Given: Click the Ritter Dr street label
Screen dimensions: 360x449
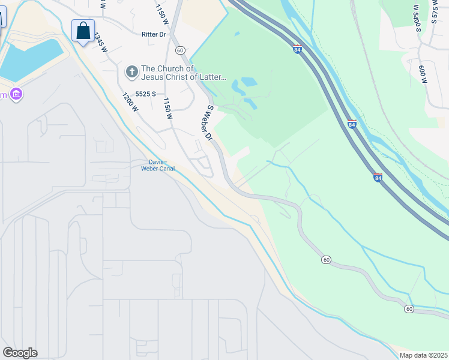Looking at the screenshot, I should pos(154,35).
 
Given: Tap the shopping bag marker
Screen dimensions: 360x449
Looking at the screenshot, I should pos(83,31).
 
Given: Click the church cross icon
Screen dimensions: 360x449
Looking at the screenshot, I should pos(131,73).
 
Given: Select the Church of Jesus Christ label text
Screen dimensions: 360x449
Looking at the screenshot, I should pos(183,73).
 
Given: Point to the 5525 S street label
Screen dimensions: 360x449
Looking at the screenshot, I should pos(146,94).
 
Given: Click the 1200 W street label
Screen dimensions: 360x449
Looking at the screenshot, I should pos(130,103).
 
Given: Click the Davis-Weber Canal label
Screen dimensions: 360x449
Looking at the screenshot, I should pos(158,165).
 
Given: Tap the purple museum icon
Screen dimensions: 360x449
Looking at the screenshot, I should pos(16,95).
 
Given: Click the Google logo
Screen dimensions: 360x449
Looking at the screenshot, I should pos(20,353).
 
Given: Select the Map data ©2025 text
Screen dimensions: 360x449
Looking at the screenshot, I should pos(424,355).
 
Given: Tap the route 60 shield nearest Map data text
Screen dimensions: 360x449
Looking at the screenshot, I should pos(409,309).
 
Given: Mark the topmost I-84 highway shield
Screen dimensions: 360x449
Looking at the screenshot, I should pos(297,49).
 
